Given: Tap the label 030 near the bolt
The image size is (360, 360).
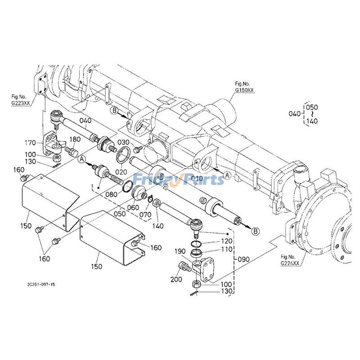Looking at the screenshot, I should click(x=124, y=142).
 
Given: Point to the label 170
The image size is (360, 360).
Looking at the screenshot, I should click(x=30, y=143).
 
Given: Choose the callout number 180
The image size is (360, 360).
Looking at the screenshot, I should click(x=75, y=139).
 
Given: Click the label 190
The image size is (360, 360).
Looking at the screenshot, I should click(x=180, y=252).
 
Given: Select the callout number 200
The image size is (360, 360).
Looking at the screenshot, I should click(x=176, y=279).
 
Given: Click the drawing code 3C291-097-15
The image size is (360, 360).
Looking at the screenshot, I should click(x=41, y=285).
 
